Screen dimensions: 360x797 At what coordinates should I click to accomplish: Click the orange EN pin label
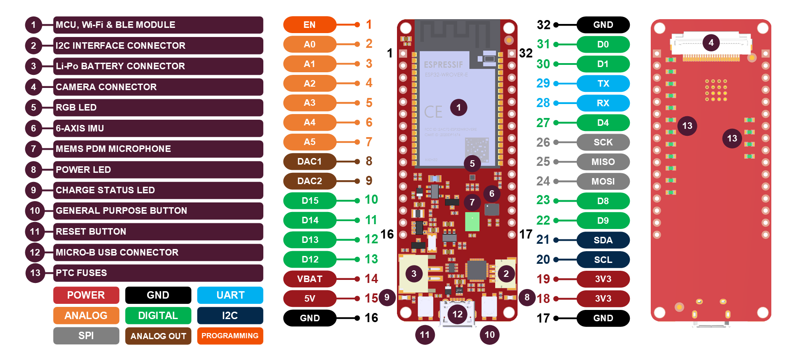click(309, 25)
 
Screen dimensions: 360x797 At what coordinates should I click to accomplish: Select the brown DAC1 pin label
click(309, 161)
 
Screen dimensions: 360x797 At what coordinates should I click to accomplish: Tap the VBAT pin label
click(309, 279)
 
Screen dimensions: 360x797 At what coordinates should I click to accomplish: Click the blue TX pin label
click(603, 84)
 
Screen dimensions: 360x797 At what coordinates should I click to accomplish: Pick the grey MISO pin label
click(603, 162)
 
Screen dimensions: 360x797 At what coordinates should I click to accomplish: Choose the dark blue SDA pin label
click(603, 240)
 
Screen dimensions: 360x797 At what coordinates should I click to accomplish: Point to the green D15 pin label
click(309, 201)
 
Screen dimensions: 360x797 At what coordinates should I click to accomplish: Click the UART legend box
click(230, 295)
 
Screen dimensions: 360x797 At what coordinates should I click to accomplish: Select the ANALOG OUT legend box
click(158, 336)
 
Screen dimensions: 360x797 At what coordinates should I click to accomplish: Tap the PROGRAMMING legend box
click(230, 336)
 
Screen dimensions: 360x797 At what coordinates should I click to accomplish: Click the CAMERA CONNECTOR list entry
click(158, 87)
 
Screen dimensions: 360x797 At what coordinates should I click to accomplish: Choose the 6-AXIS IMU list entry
click(158, 128)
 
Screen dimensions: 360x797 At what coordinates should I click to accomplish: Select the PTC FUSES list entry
click(158, 273)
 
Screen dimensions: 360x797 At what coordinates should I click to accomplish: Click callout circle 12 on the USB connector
click(457, 314)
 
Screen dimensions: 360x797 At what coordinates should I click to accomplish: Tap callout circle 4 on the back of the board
click(711, 43)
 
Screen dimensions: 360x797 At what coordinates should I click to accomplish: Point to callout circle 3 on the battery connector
click(414, 274)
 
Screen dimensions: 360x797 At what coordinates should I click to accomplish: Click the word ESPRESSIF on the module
click(444, 65)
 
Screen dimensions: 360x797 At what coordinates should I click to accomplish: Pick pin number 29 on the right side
click(543, 84)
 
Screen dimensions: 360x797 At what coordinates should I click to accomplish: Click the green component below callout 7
click(472, 222)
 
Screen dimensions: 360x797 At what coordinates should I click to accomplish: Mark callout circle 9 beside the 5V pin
click(387, 298)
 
